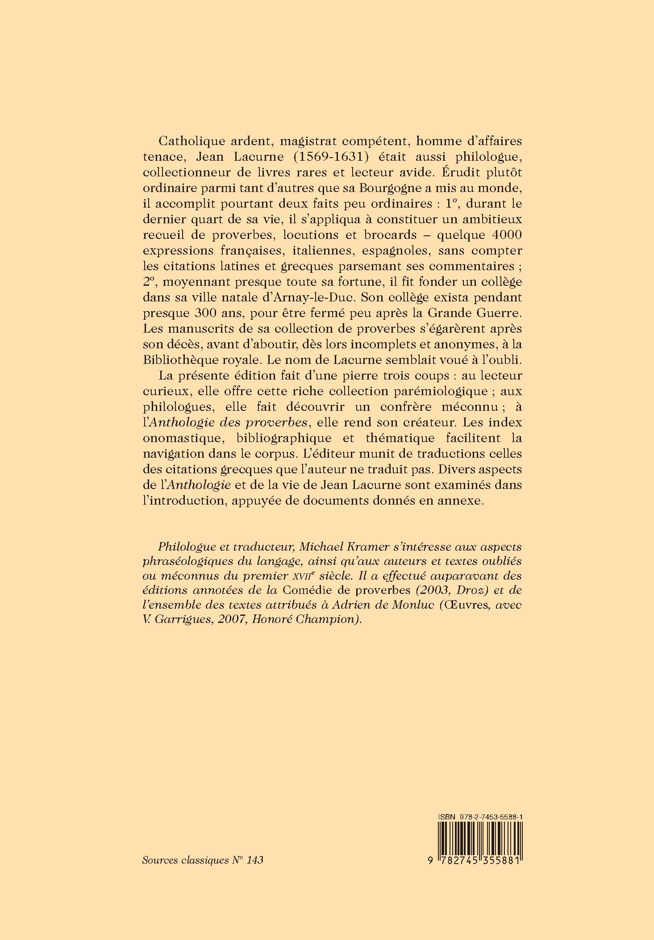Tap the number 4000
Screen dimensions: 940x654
(x=501, y=235)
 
